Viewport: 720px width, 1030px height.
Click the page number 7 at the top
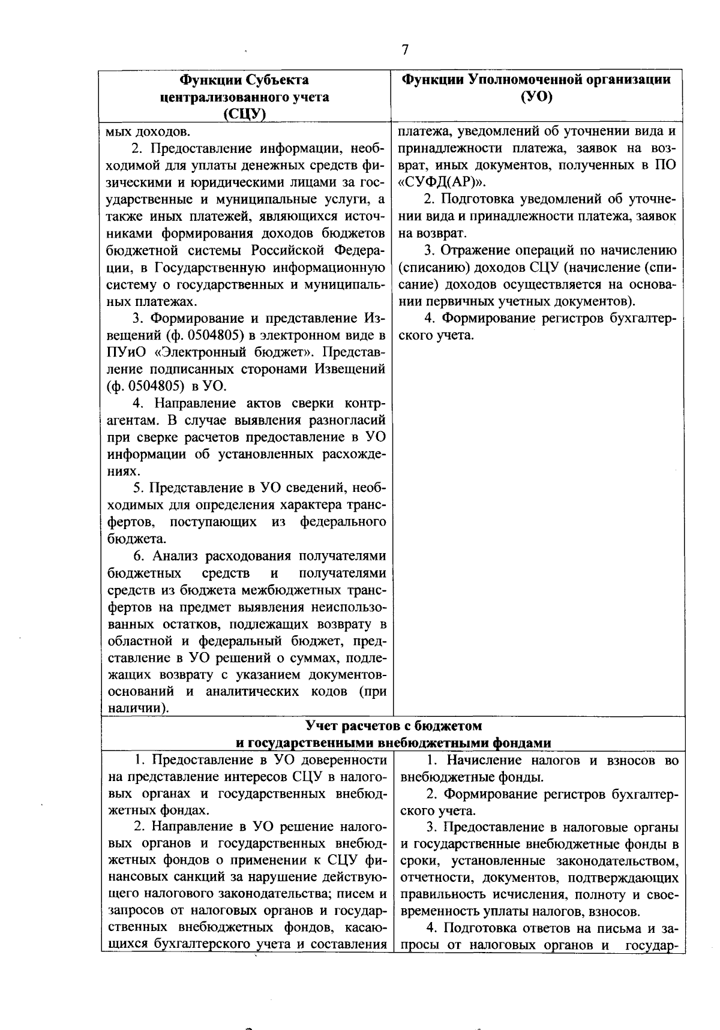point(405,50)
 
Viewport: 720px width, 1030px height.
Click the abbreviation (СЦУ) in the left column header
point(245,114)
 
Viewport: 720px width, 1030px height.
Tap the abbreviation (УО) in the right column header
point(536,97)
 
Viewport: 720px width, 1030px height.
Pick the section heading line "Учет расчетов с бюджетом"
point(394,726)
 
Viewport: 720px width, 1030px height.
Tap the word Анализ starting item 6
point(176,557)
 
